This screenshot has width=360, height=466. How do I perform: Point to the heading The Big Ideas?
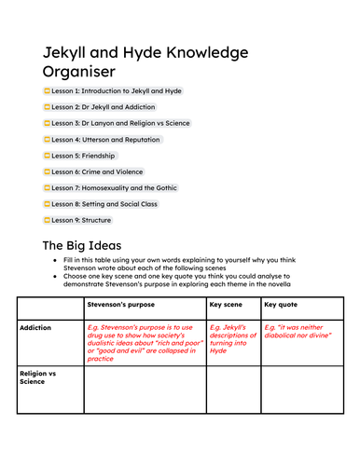coord(82,245)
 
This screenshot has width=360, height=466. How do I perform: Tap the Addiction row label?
coord(38,328)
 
